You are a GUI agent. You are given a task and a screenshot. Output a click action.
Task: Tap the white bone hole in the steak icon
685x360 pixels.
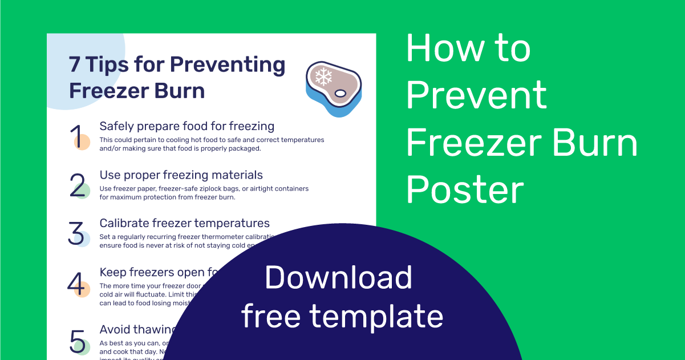pos(341,92)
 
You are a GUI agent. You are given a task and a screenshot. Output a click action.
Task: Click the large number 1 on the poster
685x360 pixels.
pos(77,136)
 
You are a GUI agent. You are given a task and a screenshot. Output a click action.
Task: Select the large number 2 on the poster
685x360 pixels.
pos(78,185)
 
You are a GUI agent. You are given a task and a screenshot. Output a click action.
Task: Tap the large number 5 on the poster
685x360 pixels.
pos(77,341)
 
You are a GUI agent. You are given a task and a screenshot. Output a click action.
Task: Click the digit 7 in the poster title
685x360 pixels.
pos(75,65)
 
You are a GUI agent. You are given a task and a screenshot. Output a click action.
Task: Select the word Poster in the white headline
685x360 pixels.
pos(465,189)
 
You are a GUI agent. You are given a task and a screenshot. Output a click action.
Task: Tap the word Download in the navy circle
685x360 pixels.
pos(338,278)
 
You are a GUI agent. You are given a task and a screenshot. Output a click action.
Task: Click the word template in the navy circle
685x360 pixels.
pos(376,315)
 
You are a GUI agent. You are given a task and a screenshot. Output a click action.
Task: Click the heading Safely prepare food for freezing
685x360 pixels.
pos(187,126)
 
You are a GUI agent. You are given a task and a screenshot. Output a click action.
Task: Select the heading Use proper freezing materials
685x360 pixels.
pos(181,175)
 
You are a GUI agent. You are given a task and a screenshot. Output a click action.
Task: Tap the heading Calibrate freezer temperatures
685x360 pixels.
pos(184,223)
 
